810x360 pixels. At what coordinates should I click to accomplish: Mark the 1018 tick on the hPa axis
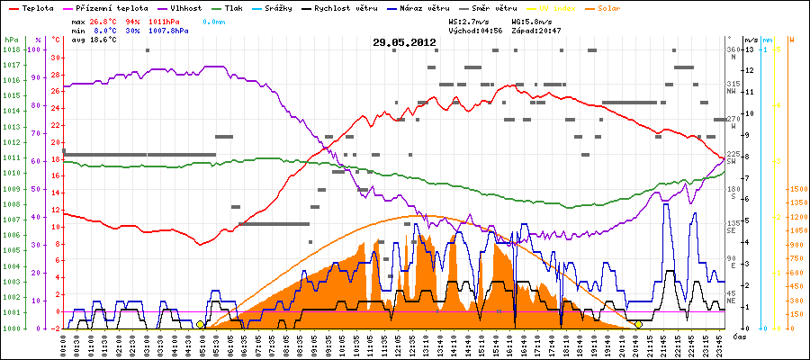click(11, 50)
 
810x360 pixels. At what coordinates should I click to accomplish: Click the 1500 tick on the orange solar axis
click(797, 189)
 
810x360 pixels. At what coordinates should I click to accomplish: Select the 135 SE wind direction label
click(733, 225)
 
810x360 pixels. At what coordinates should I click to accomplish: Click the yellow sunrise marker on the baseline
click(200, 324)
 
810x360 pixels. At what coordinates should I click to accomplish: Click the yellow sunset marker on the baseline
click(638, 324)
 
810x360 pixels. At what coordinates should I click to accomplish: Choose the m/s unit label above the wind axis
click(751, 40)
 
